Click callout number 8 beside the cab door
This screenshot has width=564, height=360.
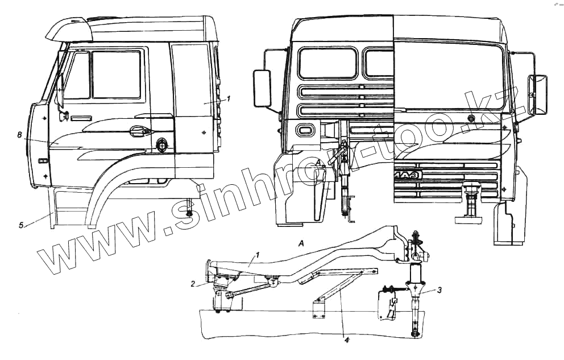click(19, 135)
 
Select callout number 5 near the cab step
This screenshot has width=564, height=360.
click(21, 225)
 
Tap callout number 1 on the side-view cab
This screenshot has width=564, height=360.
click(228, 98)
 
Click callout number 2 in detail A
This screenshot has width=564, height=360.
click(193, 282)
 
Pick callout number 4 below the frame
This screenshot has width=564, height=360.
click(347, 340)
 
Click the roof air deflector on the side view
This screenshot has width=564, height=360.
click(68, 29)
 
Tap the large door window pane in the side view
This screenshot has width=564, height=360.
click(116, 74)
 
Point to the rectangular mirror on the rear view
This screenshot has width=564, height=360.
click(263, 88)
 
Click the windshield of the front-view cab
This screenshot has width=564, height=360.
click(449, 74)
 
